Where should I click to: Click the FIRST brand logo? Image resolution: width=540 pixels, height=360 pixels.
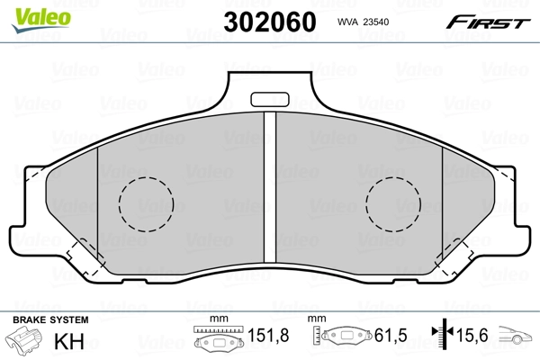(x=490, y=22)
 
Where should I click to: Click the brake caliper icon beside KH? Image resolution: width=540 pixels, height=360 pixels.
(x=25, y=343)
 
